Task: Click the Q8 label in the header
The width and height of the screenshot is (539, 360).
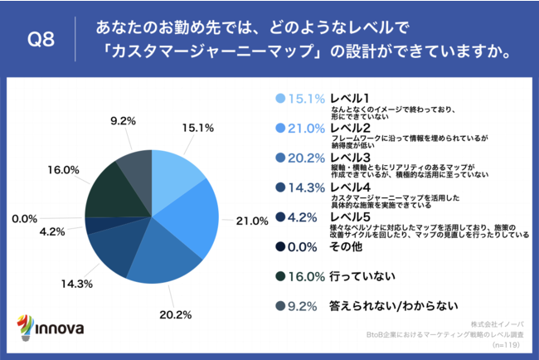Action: (41, 40)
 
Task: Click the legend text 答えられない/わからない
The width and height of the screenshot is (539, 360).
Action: (393, 306)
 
